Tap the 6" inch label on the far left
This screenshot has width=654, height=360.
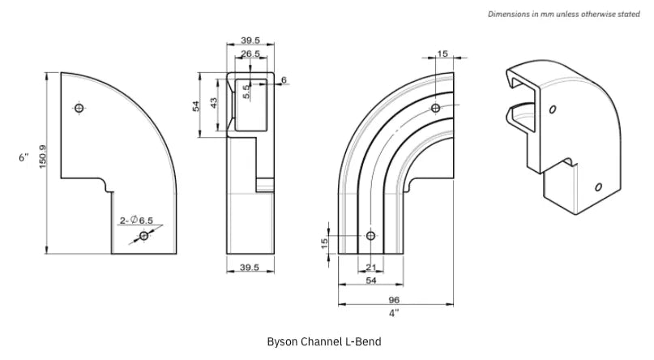coord(23,157)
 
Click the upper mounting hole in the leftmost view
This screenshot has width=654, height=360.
coord(79,108)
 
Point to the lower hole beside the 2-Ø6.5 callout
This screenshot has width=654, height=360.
coord(143,236)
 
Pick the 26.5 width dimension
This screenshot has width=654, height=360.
coord(250,54)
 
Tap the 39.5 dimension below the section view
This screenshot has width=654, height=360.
coord(250,267)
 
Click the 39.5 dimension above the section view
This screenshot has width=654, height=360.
coord(250,40)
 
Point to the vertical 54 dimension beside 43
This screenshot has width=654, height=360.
coord(196,107)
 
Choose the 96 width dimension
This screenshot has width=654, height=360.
coord(395,298)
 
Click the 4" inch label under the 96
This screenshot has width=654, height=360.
coord(395,312)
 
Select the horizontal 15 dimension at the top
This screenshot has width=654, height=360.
coord(442,54)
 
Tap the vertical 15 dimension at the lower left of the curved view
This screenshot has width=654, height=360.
coord(324,242)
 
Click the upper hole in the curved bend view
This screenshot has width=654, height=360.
coord(436,108)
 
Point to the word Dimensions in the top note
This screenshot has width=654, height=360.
coord(508,14)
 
